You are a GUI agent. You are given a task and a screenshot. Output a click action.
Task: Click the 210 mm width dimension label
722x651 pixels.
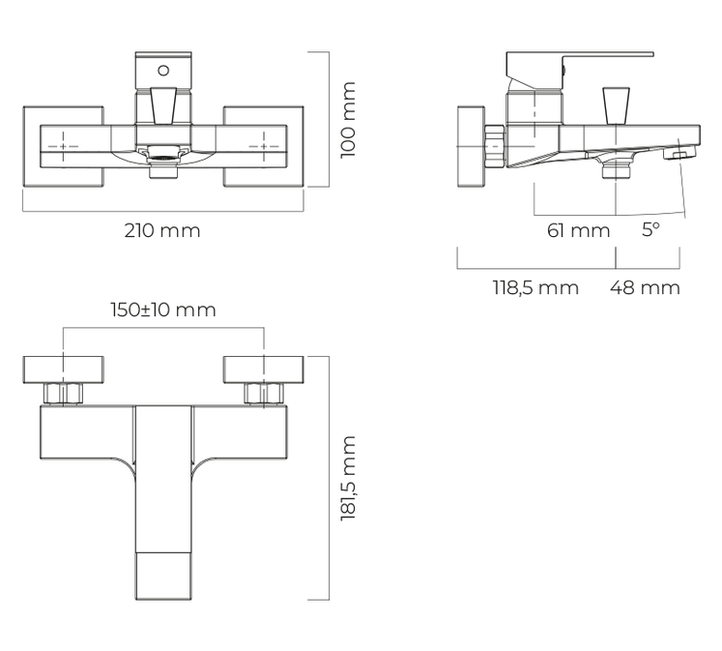click(162, 230)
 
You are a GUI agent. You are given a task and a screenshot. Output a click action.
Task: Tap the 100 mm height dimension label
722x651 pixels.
click(348, 120)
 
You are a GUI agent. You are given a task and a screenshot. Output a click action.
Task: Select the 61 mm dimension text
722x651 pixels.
click(578, 230)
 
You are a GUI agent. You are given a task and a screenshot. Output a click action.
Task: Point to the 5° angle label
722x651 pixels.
click(650, 229)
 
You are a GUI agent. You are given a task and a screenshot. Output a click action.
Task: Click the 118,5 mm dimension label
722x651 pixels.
click(535, 288)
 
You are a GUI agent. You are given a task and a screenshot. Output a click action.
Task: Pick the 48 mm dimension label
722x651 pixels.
click(645, 288)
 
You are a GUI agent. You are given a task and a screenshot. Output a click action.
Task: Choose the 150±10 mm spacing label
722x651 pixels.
click(163, 310)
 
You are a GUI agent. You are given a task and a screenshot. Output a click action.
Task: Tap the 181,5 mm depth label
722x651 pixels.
click(348, 478)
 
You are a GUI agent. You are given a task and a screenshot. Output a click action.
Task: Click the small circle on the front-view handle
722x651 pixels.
click(163, 71)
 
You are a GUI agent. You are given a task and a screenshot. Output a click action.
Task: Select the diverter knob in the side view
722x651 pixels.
click(616, 105)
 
